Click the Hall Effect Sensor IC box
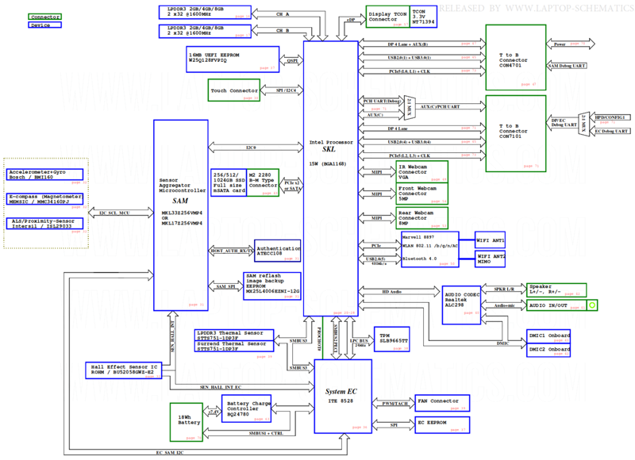(x=126, y=370)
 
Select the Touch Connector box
(x=235, y=90)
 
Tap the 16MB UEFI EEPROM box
(x=232, y=58)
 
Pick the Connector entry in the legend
(x=45, y=16)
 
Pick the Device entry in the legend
(x=45, y=25)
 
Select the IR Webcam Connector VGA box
(x=421, y=171)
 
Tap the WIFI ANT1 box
(x=489, y=240)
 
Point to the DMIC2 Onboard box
(x=548, y=350)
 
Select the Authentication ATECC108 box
(x=277, y=251)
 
